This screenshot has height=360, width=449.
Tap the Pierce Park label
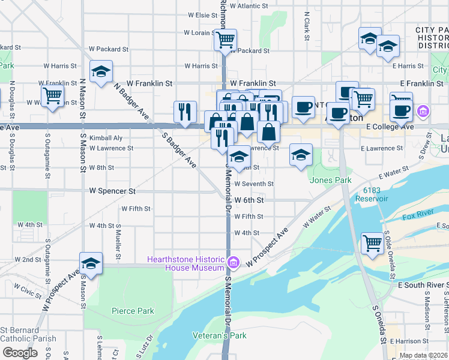pyautogui.click(x=133, y=311)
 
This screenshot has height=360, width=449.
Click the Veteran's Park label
pyautogui.click(x=219, y=335)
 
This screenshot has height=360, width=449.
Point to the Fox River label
pyautogui.click(x=418, y=217)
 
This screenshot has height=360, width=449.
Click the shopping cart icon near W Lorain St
pyautogui.click(x=225, y=40)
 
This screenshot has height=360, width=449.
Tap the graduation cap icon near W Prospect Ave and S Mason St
pyautogui.click(x=91, y=263)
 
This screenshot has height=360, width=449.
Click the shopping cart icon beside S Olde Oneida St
pyautogui.click(x=372, y=244)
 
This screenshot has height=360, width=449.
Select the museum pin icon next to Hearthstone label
pyautogui.click(x=234, y=262)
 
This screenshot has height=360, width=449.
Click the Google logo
pyautogui.click(x=20, y=353)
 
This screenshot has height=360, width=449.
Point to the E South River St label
pyautogui.click(x=418, y=284)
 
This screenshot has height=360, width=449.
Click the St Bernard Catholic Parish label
pyautogui.click(x=28, y=334)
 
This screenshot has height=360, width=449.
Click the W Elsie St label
pyautogui.click(x=202, y=14)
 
